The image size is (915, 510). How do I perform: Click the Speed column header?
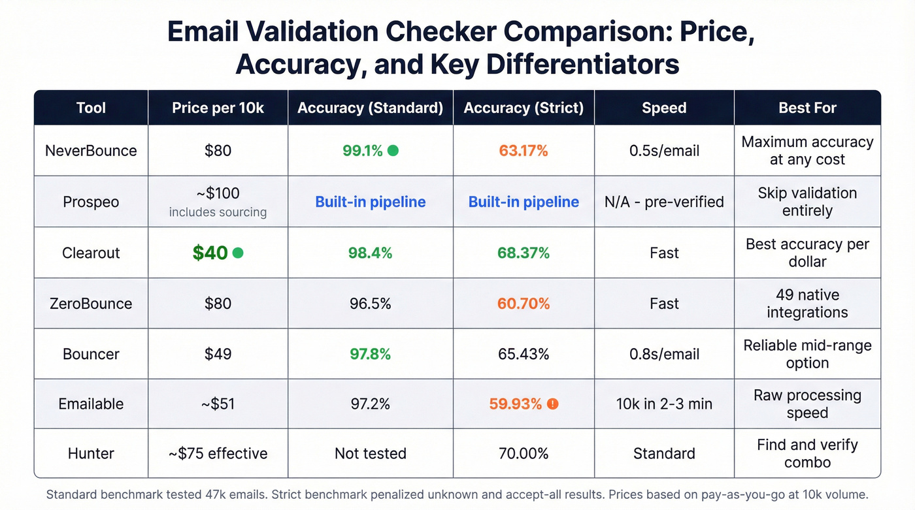[664, 108]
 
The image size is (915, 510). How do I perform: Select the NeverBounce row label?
[91, 151]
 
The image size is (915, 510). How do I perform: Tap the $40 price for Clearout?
[210, 253]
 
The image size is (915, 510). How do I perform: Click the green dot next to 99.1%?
[393, 151]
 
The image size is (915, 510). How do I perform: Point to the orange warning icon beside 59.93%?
[553, 404]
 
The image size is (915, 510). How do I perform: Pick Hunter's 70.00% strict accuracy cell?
[523, 454]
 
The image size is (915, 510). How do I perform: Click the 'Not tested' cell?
[370, 454]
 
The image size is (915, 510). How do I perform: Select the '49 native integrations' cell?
[807, 304]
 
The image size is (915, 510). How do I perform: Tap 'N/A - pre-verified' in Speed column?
[664, 202]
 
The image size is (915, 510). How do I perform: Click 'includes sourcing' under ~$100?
[218, 212]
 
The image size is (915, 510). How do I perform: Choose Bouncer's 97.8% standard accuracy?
[370, 354]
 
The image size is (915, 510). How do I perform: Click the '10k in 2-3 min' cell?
[664, 404]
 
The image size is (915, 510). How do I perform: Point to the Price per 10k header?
[218, 108]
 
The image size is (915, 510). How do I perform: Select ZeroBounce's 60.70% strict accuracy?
[523, 304]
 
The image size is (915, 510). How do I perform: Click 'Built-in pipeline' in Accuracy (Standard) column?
[370, 202]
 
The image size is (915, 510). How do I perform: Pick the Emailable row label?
[91, 404]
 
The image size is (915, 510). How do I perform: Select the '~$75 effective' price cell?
[218, 454]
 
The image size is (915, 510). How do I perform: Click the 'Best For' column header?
[807, 108]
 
